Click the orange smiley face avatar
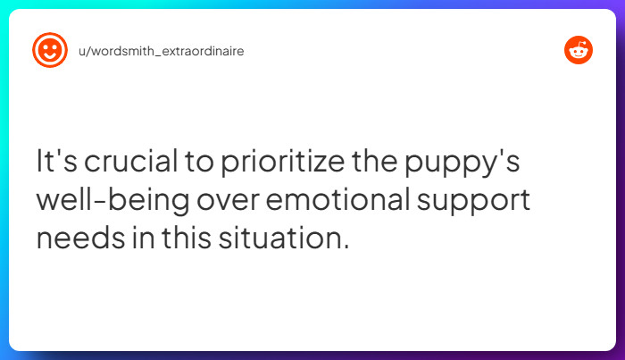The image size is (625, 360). [x=49, y=51]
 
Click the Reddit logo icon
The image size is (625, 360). [x=579, y=51]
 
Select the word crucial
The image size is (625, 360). [x=125, y=163]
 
